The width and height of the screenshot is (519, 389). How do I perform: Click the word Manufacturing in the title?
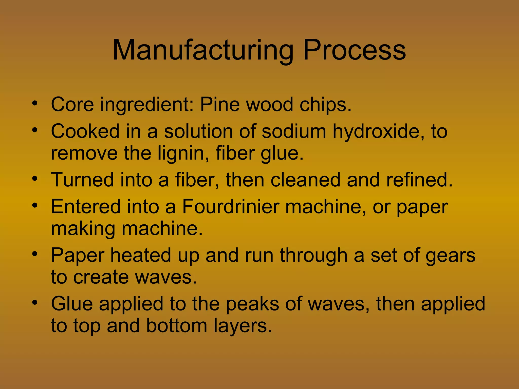pos(203,51)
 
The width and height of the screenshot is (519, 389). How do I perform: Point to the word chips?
pos(325,105)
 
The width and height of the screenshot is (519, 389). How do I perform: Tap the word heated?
pos(141,255)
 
